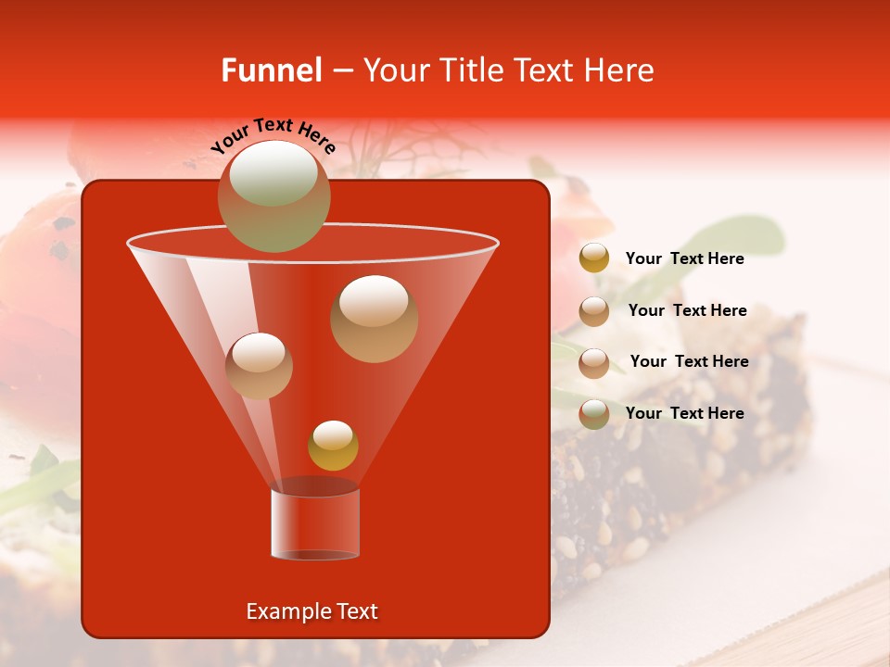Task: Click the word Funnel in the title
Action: pos(272,70)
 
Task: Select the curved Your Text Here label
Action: pos(273,134)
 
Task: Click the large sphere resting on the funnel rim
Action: pos(273,195)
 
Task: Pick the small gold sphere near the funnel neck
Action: pos(333,446)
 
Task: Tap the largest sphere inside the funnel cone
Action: pos(374,319)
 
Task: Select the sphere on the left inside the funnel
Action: pos(259,366)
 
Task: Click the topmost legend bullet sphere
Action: pos(594,258)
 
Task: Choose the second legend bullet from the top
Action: pos(594,310)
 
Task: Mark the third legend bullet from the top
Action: pos(594,362)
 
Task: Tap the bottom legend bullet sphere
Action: pos(594,413)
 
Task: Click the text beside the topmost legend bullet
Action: pos(684,258)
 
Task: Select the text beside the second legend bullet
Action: pos(687,310)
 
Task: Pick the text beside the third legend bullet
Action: pos(689,361)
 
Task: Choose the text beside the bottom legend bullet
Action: pos(684,413)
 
